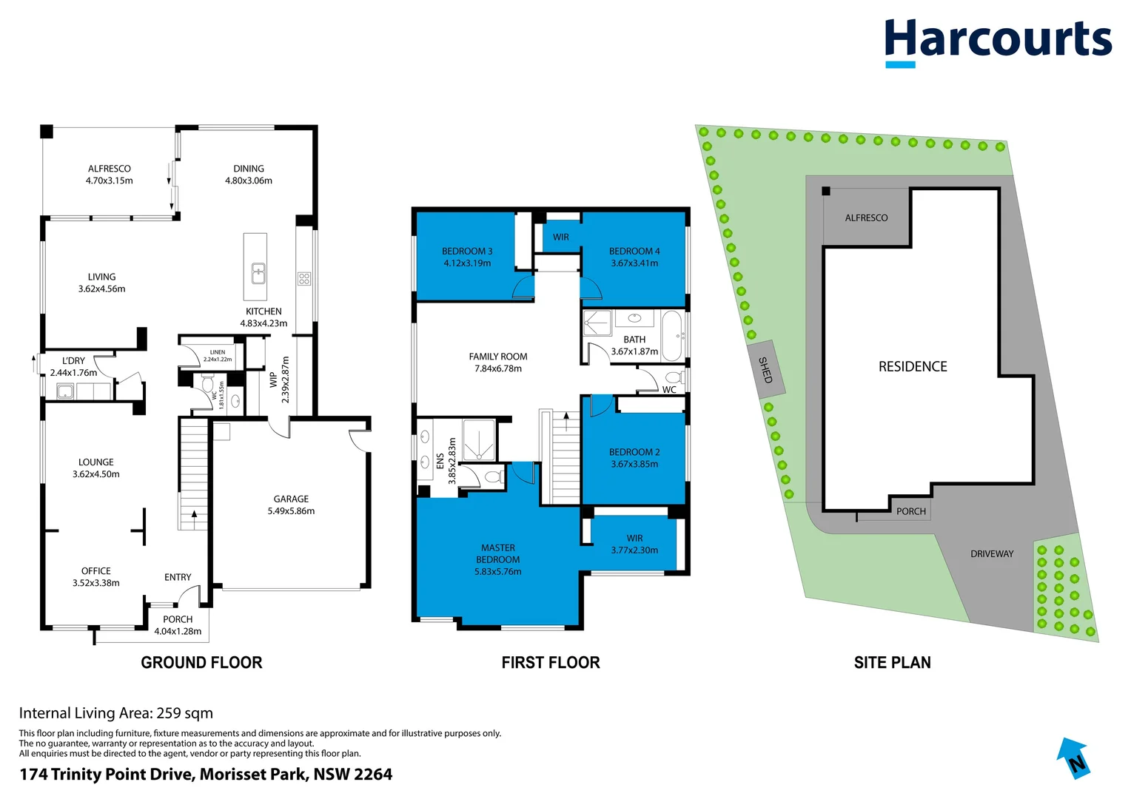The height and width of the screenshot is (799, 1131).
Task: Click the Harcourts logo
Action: click(997, 41)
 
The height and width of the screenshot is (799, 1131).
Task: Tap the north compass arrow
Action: click(1074, 758)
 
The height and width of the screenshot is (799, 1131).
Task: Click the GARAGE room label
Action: click(291, 499)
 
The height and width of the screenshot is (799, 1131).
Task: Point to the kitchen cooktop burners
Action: click(304, 279)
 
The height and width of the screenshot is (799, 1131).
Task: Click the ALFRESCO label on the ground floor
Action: click(109, 169)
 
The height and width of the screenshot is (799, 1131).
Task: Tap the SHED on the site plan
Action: click(765, 370)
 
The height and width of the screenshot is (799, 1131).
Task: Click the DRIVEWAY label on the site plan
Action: click(992, 554)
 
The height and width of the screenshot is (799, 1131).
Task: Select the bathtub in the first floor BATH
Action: click(672, 334)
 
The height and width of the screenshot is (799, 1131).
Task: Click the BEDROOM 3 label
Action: click(467, 252)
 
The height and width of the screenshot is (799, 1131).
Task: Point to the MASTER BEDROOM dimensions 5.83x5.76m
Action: click(498, 572)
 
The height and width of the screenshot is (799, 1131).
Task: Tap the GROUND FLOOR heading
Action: click(201, 663)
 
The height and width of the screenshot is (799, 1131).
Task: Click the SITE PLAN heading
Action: click(892, 663)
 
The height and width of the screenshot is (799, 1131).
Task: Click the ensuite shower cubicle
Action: click(479, 440)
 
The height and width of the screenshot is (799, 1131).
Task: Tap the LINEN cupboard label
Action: click(218, 352)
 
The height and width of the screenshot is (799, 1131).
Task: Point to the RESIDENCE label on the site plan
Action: click(913, 367)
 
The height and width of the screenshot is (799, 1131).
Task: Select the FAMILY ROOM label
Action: click(498, 357)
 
